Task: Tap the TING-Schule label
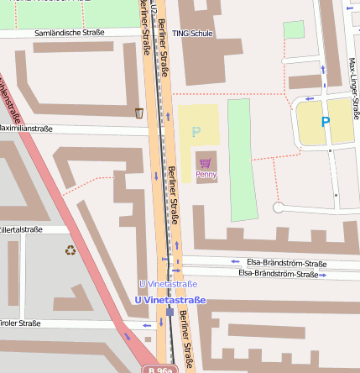coord(192,34)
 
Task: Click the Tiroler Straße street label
coord(19,323)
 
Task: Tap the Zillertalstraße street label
coord(20,229)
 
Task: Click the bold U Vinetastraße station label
coord(170,300)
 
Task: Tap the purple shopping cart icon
coord(206,162)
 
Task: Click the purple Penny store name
coord(206,175)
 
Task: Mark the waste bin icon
coord(139,113)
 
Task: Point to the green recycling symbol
coord(70,250)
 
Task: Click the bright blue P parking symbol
coord(326,122)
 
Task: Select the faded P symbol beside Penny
coord(196,132)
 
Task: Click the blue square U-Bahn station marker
coord(170,311)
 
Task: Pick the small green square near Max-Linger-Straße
coord(294,30)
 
